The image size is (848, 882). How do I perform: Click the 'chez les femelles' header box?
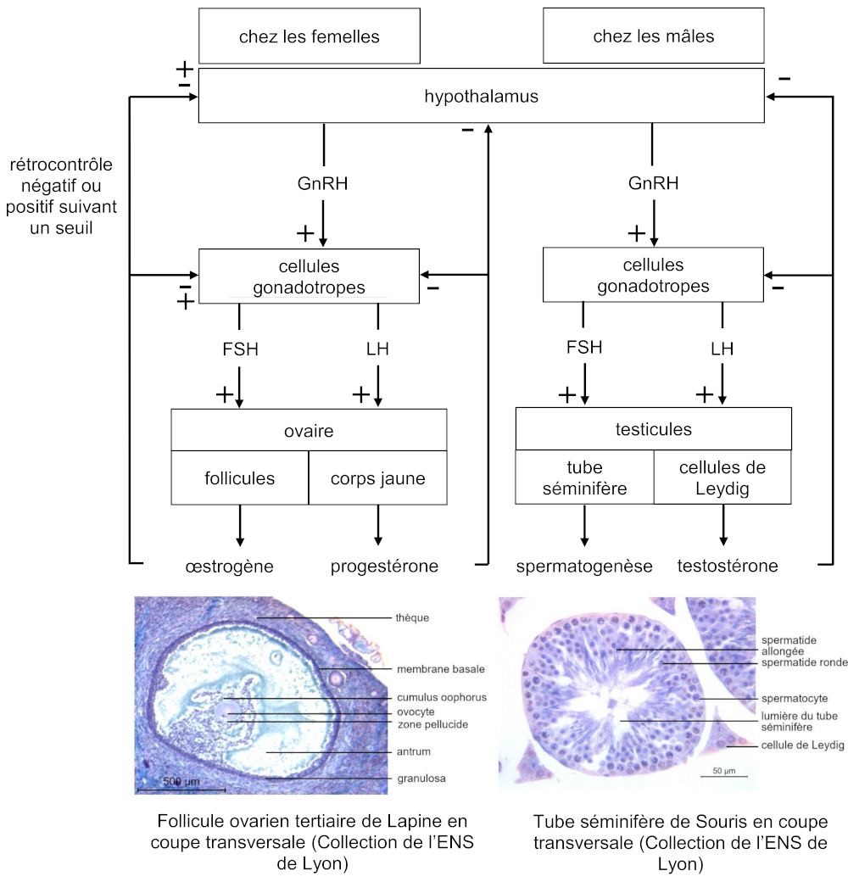point(309,36)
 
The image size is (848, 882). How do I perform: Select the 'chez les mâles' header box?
point(653,36)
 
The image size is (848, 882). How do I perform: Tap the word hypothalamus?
point(481,97)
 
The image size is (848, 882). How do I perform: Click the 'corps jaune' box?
point(377,478)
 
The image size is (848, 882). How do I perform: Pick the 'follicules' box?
point(240,478)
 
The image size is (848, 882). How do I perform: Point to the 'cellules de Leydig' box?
point(722,478)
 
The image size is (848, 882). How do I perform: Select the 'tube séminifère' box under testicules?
point(584,478)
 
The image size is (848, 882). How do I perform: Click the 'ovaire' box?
point(309,431)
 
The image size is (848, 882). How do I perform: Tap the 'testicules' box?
point(653,429)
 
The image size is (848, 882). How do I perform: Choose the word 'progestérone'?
point(384,566)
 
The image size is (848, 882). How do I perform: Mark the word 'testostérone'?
point(728,566)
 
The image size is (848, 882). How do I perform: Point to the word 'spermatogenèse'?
point(584,566)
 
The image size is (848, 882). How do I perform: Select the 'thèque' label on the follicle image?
point(412,617)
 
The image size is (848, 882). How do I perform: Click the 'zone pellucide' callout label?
point(432,724)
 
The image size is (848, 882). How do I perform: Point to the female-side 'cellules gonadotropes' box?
point(309,276)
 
